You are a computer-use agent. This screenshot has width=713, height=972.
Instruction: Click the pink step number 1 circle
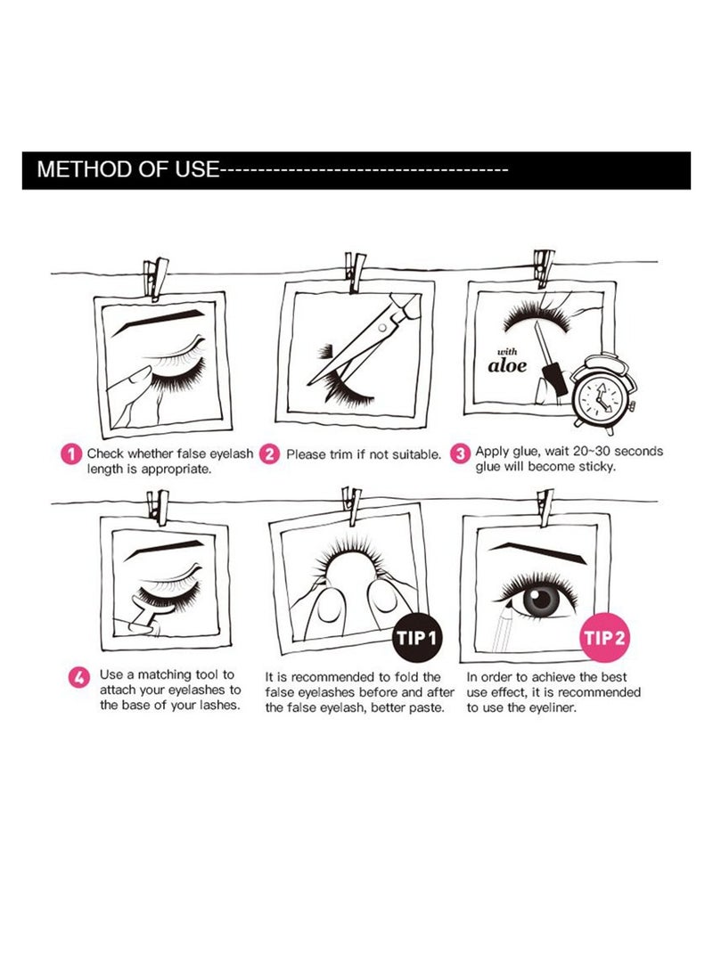[x=71, y=454]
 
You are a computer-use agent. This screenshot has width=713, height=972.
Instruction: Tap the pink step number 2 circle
[x=269, y=454]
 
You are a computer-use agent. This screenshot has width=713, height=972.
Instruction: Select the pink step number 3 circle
[x=459, y=453]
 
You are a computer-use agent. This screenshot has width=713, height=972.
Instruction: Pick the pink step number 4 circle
[x=78, y=677]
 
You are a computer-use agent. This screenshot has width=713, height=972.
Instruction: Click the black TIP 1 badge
[x=416, y=638]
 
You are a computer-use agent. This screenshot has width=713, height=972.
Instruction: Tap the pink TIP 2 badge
[x=604, y=637]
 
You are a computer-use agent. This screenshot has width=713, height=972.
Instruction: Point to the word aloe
[x=507, y=365]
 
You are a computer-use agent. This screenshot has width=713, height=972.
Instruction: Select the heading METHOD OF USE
[x=127, y=169]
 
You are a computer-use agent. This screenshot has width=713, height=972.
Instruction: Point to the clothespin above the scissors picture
[x=356, y=272]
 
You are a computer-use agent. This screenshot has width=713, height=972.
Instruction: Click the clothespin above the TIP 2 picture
[x=545, y=506]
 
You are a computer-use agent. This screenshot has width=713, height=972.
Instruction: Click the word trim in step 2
[x=340, y=454]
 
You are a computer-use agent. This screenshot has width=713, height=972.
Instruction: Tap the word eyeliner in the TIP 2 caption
[x=552, y=707]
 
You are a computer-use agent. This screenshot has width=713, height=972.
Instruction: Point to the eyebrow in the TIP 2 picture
[x=537, y=551]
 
